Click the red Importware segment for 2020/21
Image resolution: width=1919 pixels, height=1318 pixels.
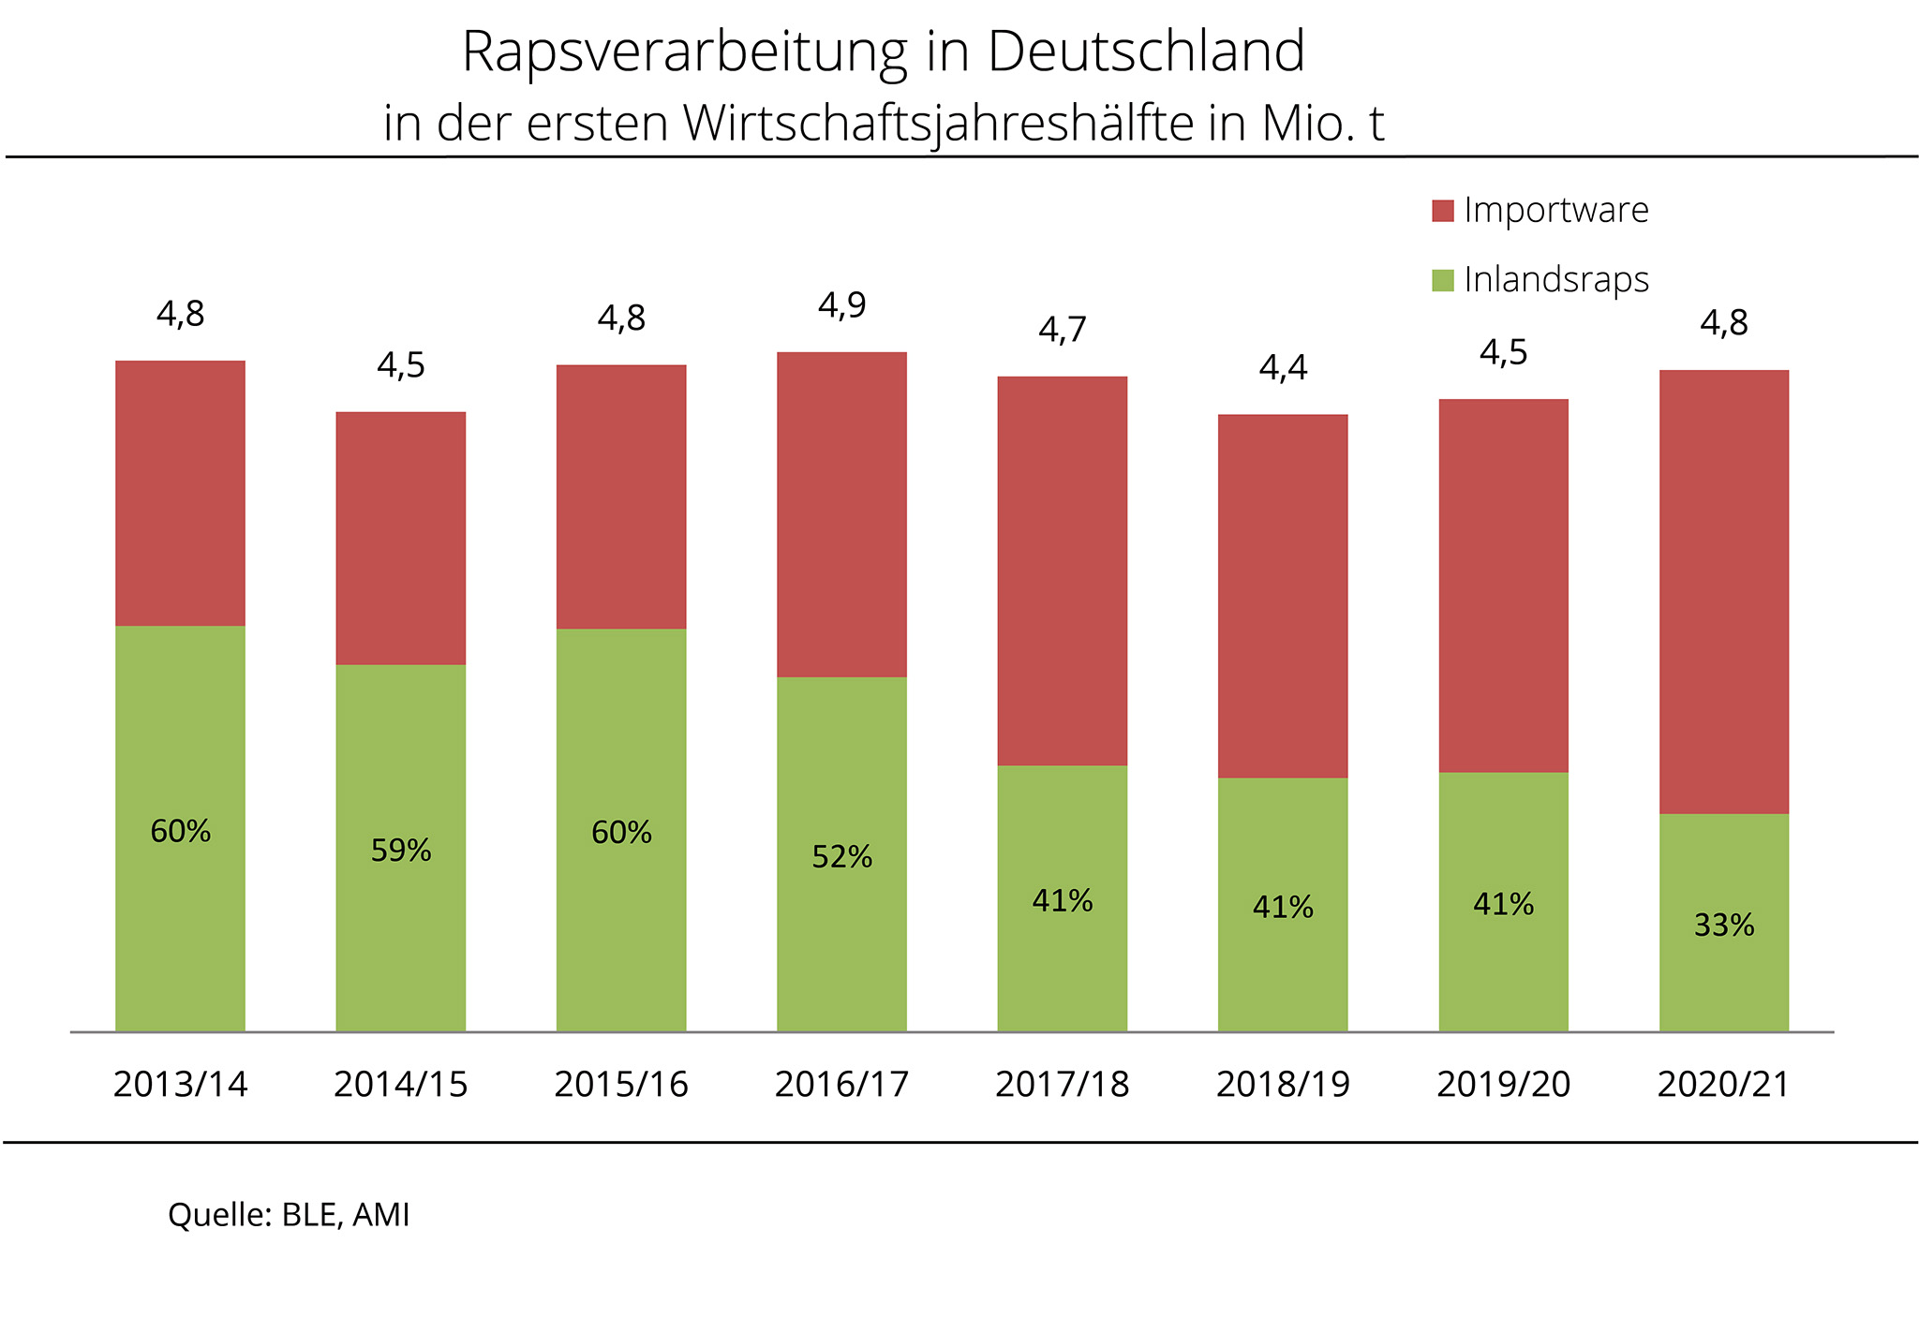tap(1723, 590)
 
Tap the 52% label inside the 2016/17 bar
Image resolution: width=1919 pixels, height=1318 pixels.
tap(841, 856)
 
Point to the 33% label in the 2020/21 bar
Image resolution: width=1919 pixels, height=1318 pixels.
tap(1723, 926)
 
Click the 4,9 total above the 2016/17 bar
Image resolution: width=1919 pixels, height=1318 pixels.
tap(841, 305)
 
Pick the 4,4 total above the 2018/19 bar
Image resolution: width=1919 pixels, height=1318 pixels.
tap(1282, 368)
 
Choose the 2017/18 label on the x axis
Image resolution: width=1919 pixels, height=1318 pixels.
tap(1062, 1084)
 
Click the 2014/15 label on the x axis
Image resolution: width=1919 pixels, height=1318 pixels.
tap(400, 1084)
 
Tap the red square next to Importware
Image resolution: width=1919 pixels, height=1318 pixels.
tap(1443, 211)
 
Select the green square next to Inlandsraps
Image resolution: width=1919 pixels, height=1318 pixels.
tap(1443, 280)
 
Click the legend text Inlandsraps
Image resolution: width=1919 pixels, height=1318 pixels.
tap(1555, 280)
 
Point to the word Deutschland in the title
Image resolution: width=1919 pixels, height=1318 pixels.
tap(1145, 52)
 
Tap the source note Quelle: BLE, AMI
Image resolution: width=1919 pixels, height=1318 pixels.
tap(289, 1215)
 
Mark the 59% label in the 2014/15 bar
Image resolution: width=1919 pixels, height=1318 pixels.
tap(400, 851)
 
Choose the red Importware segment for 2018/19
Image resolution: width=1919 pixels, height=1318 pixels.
tap(1282, 595)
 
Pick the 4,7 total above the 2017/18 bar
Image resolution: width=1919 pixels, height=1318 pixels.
tap(1062, 330)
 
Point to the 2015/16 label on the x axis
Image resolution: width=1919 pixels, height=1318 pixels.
tap(620, 1084)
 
